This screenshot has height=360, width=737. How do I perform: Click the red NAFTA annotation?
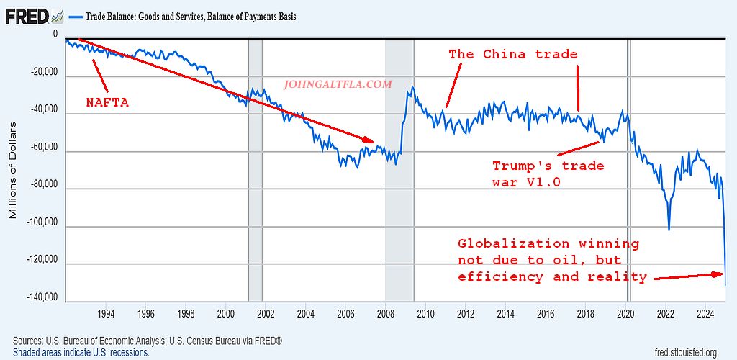107,102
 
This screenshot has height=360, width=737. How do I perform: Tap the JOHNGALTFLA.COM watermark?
338,84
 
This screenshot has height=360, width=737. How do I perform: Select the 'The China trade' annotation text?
512,54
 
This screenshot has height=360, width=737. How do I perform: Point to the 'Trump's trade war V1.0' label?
548,174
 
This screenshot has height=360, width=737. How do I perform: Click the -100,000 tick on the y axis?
37,226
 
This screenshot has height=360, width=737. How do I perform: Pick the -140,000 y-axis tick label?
37,301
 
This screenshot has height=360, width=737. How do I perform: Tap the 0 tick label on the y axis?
55,34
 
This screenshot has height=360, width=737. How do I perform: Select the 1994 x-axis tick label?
106,314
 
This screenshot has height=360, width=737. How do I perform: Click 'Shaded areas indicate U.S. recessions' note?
81,352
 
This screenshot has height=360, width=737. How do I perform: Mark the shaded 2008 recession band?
399,180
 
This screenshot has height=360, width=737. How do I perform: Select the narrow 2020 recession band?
629,180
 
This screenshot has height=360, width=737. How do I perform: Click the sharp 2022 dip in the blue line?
669,230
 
